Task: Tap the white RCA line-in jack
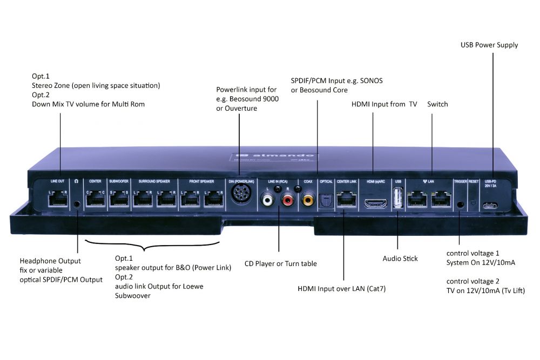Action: (268, 201)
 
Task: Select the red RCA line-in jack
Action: (286, 201)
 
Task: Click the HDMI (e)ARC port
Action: (374, 203)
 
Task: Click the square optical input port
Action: (326, 201)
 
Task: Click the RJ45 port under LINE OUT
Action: (57, 200)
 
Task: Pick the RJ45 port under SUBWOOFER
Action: (119, 200)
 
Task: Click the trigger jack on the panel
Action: (460, 204)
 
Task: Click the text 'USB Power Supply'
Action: (489, 45)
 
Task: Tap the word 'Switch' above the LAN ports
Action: (437, 104)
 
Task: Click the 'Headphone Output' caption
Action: (50, 261)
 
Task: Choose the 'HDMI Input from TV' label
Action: (384, 104)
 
